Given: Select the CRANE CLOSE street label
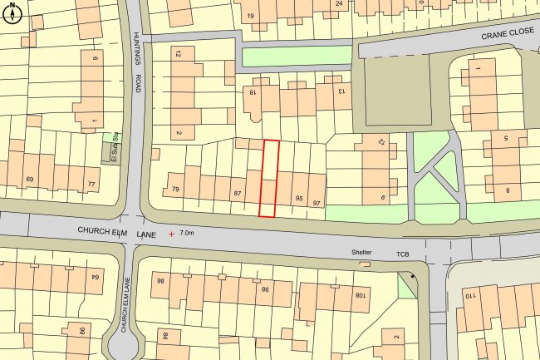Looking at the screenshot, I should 508,34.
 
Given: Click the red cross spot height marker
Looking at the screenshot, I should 172,234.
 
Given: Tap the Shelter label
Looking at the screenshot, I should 361,253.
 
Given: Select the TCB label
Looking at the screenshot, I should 404,253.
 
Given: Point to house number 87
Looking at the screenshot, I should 238,195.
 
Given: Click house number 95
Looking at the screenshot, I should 299,199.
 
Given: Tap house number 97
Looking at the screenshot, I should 317,202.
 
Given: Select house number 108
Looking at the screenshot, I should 360,295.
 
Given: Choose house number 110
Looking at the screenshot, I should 469,297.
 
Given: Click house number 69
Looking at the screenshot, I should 30,180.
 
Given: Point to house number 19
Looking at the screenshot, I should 249,16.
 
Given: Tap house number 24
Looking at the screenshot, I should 339,4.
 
